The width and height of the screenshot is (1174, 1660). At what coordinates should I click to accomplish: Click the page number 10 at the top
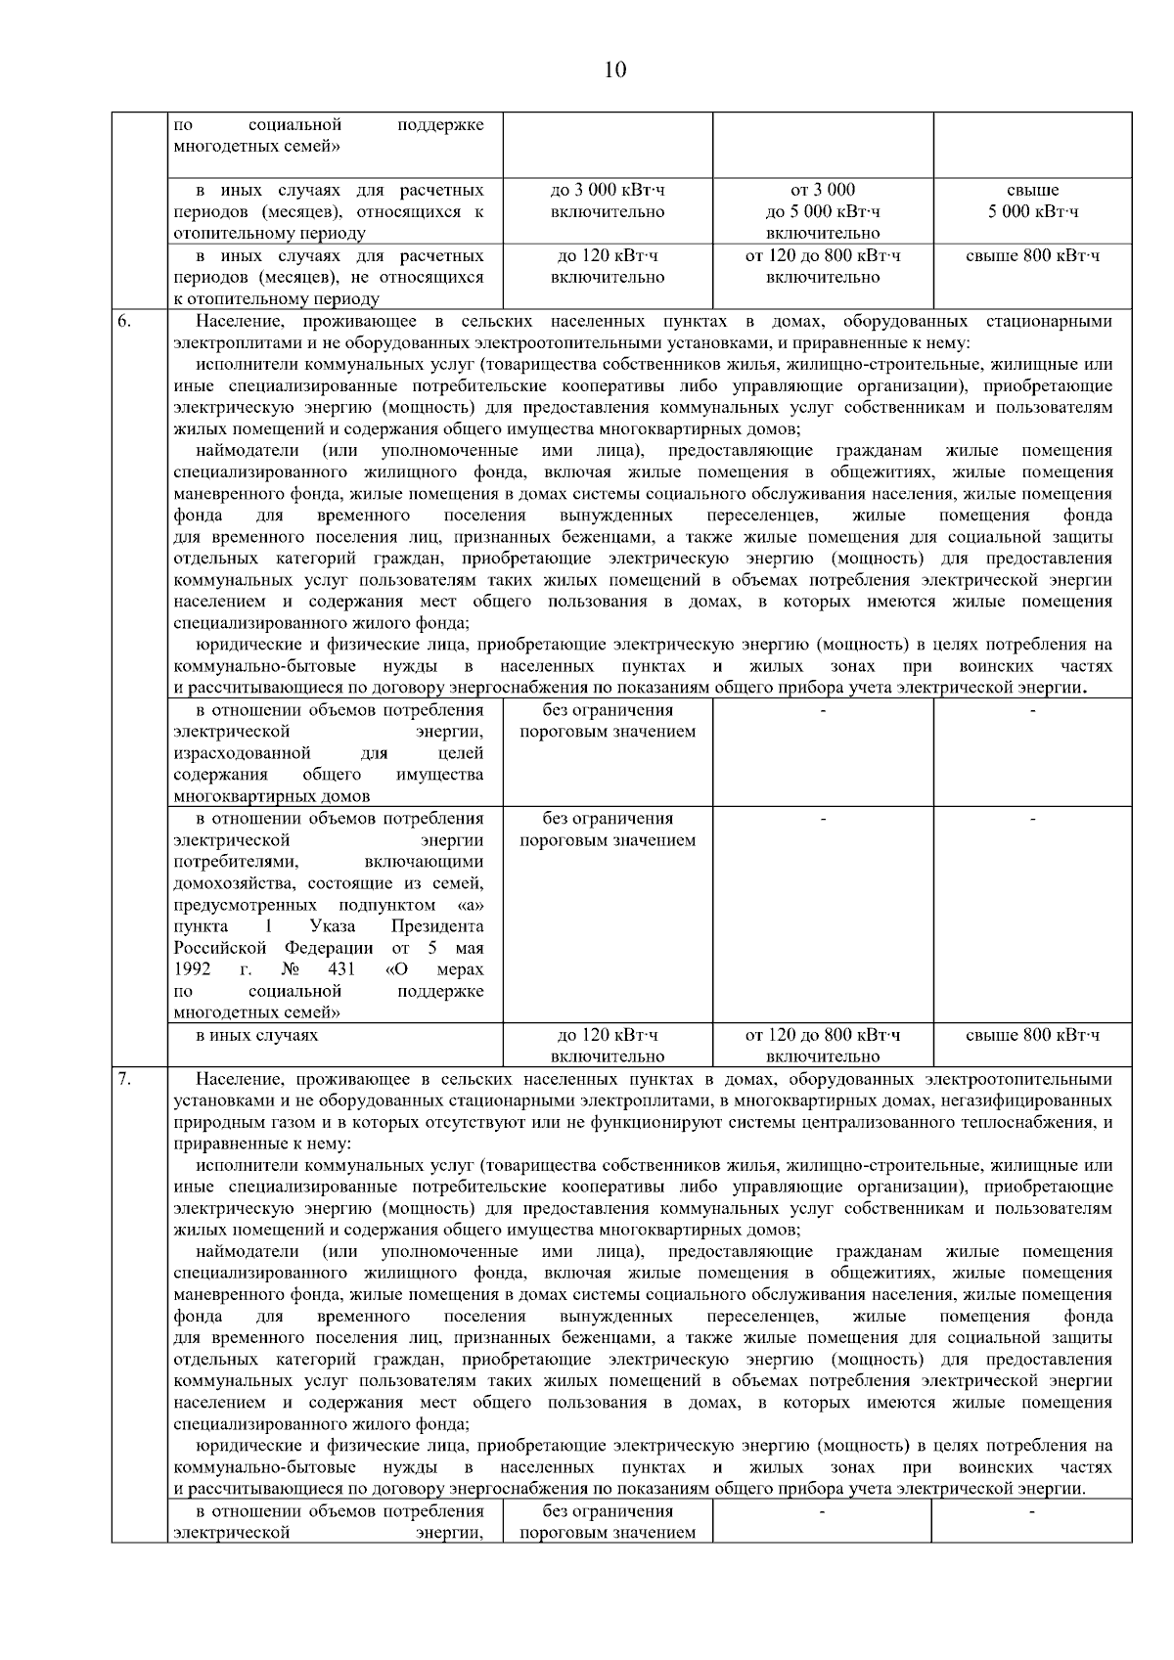pyautogui.click(x=615, y=69)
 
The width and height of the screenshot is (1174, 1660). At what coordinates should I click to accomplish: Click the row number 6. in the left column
pyautogui.click(x=125, y=322)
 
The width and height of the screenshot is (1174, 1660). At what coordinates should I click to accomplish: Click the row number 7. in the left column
pyautogui.click(x=125, y=1080)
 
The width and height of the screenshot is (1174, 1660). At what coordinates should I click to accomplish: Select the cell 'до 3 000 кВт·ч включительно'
pyautogui.click(x=608, y=202)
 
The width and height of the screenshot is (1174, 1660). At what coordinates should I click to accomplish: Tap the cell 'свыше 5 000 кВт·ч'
pyautogui.click(x=1032, y=202)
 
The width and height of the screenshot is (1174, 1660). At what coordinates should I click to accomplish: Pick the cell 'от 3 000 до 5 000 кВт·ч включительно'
pyautogui.click(x=822, y=211)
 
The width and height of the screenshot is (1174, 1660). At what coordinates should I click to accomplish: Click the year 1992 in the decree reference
pyautogui.click(x=193, y=969)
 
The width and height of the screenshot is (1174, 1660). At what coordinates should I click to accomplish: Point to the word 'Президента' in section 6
pyautogui.click(x=436, y=926)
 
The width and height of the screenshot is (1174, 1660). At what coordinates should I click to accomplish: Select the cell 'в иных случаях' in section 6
pyautogui.click(x=256, y=1035)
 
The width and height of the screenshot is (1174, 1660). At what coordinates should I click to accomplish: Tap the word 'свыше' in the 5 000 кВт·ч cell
pyautogui.click(x=1032, y=191)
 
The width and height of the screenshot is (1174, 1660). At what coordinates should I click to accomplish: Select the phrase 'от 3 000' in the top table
pyautogui.click(x=822, y=191)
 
